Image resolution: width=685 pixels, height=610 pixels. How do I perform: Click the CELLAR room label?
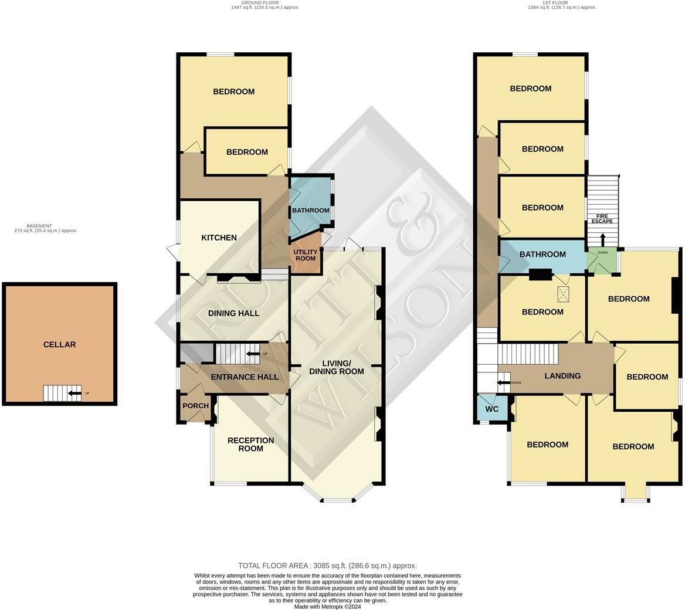[59, 345]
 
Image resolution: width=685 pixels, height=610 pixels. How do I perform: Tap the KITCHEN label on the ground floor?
[219, 238]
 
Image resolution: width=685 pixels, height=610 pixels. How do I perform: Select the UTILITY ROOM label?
[305, 255]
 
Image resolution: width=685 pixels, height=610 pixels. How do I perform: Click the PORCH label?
[195, 406]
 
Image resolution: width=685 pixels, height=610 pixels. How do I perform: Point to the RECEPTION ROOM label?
[250, 445]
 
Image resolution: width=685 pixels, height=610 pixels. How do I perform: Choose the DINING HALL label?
[233, 313]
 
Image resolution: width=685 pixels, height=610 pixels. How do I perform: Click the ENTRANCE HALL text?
[245, 377]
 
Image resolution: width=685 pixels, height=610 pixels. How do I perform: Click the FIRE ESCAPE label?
[602, 218]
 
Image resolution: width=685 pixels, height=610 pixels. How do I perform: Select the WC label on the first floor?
[491, 409]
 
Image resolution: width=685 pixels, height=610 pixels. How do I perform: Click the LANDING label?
[562, 376]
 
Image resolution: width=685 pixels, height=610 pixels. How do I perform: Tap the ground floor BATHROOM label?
[310, 211]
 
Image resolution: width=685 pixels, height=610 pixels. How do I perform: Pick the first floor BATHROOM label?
[542, 255]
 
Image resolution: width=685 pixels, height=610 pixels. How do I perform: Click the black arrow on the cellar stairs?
[74, 393]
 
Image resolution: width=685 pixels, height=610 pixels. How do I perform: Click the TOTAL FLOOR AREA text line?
[327, 566]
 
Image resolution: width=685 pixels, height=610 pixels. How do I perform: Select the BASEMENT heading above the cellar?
[39, 226]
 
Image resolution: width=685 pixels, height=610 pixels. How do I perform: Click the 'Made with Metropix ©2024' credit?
[327, 606]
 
